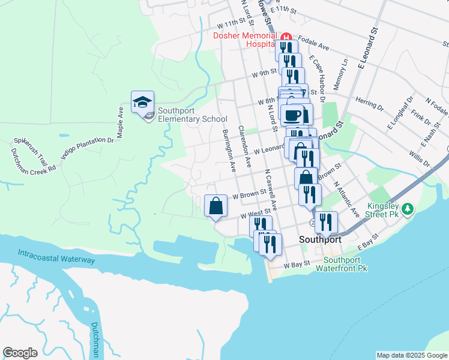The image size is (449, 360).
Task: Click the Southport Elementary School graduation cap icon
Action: point(142,102)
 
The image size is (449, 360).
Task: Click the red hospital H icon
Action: point(286,35)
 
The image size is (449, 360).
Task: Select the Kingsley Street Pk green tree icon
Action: point(408,209)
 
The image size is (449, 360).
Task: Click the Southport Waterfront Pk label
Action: point(345,265)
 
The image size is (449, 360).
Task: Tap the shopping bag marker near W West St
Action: point(215,206)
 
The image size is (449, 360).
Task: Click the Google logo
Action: point(20,353)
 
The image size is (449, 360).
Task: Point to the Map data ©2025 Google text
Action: point(412,355)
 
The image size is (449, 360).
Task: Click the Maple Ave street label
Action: point(121,122)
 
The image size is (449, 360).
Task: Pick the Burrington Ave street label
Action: point(228,147)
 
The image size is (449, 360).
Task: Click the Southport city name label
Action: point(321,239)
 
